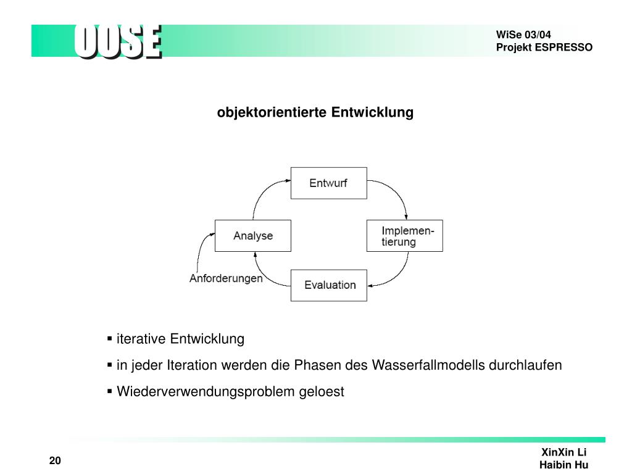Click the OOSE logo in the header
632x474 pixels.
pyautogui.click(x=118, y=42)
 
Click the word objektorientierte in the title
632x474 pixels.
pyautogui.click(x=272, y=113)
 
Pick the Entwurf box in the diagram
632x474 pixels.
pyautogui.click(x=328, y=183)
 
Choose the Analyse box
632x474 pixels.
pyautogui.click(x=252, y=235)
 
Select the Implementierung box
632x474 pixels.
pyautogui.click(x=404, y=235)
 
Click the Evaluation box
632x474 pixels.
pyautogui.click(x=329, y=285)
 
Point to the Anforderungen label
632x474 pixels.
pyautogui.click(x=226, y=278)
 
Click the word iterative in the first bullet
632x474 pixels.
pyautogui.click(x=141, y=339)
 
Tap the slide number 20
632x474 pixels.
pyautogui.click(x=55, y=462)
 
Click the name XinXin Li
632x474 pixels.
pyautogui.click(x=563, y=452)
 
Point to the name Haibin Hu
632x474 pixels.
pyautogui.click(x=563, y=465)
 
